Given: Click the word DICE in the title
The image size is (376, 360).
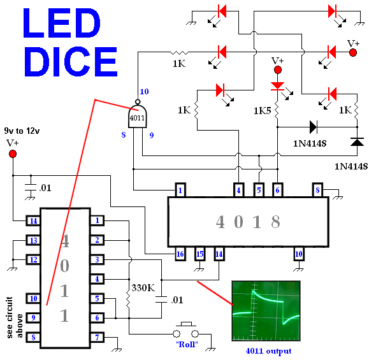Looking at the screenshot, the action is point(71,62).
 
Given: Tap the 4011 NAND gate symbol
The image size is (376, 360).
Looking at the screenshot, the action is point(138,115).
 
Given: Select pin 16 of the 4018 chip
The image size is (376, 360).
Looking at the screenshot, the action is point(180,254).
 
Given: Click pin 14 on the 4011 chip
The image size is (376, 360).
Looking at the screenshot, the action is point(33,220).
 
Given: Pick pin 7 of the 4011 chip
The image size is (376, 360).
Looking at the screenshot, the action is point(97,338).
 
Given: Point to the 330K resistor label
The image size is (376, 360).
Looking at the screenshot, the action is point(143,287).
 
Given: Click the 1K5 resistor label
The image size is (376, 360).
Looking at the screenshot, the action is point(263,111).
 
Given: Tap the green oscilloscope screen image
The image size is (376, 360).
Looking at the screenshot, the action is point(266,311).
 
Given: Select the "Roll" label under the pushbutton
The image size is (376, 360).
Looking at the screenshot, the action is point(187,345).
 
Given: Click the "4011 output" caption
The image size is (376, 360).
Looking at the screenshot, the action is point(268,351).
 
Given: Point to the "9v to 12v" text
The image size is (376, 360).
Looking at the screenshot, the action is point(22,131).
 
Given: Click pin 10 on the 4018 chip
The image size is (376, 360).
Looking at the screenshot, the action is point(299,254).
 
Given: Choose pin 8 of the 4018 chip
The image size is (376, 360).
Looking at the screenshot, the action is point(317,190).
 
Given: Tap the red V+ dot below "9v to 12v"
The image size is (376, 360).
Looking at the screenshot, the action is point(13,154).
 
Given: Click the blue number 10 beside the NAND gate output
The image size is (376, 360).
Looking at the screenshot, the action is point(144,92).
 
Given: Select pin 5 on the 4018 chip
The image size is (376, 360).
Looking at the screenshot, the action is point(259,190).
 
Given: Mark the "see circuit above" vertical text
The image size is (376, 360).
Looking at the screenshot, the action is point(15,317).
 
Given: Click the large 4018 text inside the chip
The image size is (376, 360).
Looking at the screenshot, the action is point(248,222).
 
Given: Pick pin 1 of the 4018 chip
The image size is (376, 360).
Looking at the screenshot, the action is point(180,190).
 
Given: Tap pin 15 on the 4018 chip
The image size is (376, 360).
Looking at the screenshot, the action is point(199,254).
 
